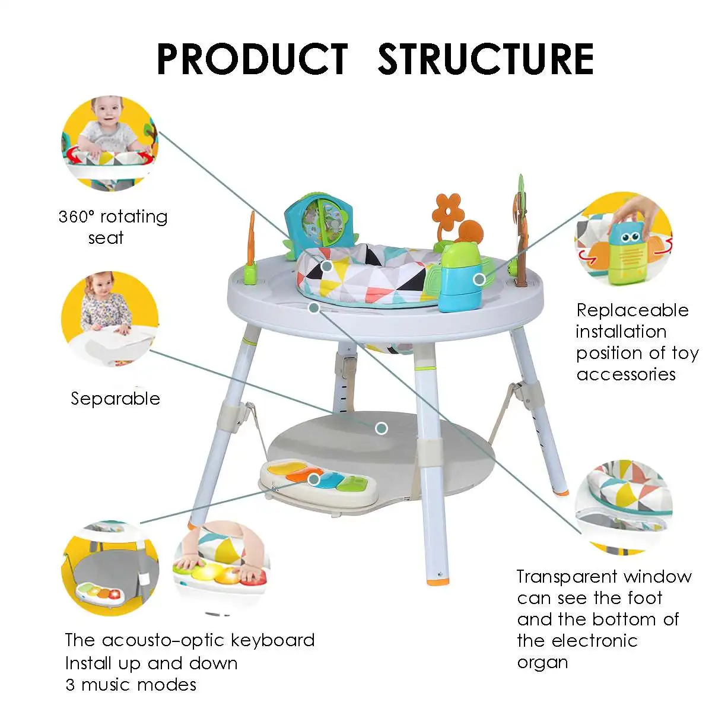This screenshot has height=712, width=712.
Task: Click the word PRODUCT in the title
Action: click(x=252, y=59)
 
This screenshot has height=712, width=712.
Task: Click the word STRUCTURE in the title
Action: click(x=485, y=59)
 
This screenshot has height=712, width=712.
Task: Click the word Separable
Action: click(x=116, y=398)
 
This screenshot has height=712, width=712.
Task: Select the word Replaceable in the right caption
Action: click(x=632, y=310)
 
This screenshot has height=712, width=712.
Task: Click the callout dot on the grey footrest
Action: click(x=382, y=428)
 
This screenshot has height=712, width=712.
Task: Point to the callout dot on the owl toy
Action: click(x=479, y=279)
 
